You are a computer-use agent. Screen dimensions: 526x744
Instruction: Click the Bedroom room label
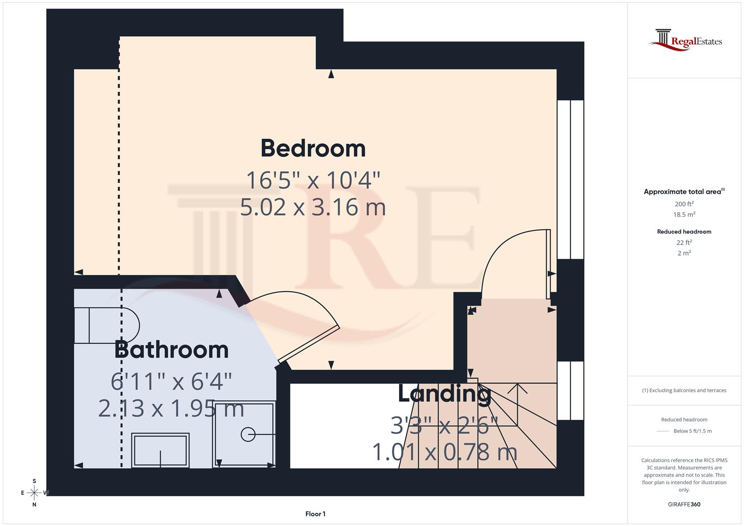(x=313, y=149)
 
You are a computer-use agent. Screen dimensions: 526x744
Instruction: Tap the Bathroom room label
(x=172, y=350)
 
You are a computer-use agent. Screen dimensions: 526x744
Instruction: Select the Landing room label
(x=444, y=394)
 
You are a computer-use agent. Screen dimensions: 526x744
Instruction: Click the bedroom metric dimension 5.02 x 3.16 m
(x=313, y=207)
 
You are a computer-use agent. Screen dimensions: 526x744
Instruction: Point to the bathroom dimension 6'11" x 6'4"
(x=171, y=381)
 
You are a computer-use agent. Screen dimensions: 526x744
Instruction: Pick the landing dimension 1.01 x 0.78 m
(x=444, y=452)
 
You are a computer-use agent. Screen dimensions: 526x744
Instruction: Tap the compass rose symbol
(x=34, y=493)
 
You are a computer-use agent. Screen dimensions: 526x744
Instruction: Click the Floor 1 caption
(x=315, y=514)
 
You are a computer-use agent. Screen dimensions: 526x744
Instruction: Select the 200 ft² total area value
(x=684, y=204)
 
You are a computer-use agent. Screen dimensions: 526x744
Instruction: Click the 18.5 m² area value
(x=684, y=214)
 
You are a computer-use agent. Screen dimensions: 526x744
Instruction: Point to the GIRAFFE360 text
(x=684, y=504)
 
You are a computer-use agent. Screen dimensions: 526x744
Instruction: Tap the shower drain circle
(x=248, y=434)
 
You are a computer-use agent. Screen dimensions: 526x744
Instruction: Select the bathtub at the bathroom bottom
(x=161, y=451)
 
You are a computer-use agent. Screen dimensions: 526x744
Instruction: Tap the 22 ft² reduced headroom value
(x=684, y=243)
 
